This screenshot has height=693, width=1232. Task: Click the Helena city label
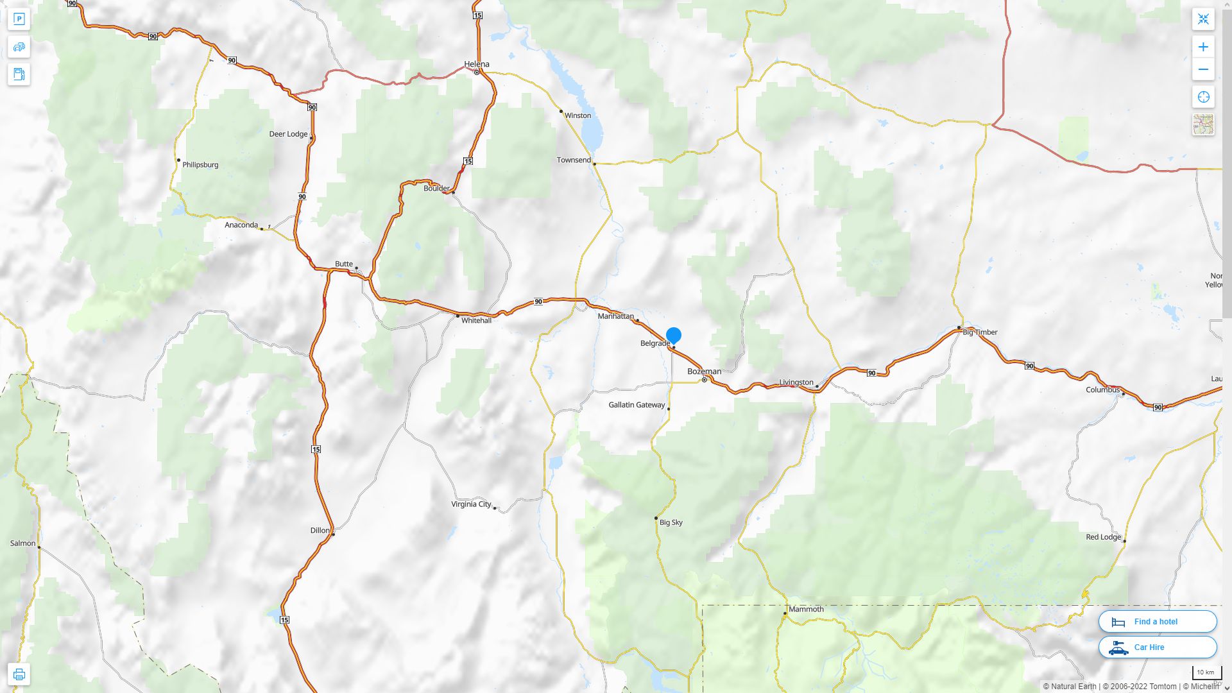[x=476, y=64]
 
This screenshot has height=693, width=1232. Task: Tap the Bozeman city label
[x=704, y=372]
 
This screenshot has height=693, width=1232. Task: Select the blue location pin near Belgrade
[x=673, y=335]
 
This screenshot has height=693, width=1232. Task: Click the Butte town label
[x=343, y=264]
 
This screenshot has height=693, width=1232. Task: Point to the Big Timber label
[x=980, y=332]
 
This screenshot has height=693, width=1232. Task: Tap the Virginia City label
[x=470, y=504]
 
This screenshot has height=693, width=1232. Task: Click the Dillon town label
[x=320, y=531]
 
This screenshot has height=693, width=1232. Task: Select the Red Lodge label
[x=1103, y=537]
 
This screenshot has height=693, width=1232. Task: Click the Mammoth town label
[x=806, y=610]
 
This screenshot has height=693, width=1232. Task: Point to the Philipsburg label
[x=200, y=165]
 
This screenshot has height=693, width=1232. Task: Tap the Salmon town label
[x=23, y=543]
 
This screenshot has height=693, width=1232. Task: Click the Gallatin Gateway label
[x=637, y=405]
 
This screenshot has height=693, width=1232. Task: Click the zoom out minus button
[x=1203, y=69]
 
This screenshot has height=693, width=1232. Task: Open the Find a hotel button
[x=1157, y=622]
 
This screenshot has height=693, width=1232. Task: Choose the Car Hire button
[x=1157, y=647]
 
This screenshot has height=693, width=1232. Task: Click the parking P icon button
[x=19, y=19]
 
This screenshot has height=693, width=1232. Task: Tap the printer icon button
[x=19, y=674]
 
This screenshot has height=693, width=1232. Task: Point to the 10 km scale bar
[x=1206, y=673]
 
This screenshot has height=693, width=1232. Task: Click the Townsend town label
[x=573, y=160]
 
